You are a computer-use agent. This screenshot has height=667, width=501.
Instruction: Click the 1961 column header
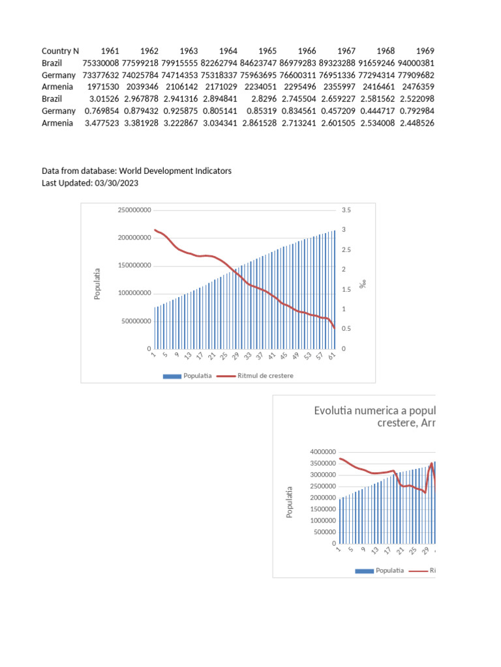pos(110,51)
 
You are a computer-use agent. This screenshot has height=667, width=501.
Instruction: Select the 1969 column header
pos(425,51)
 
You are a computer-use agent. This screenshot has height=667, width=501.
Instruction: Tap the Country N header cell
pos(60,51)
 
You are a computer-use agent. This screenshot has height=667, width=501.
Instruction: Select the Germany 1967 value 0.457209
pos(337,111)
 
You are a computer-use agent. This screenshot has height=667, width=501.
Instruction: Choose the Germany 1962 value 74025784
pos(140,75)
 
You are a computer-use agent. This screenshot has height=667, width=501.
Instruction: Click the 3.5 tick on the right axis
pos(346,210)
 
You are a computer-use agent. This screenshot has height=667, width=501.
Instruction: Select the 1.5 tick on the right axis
pos(346,289)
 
